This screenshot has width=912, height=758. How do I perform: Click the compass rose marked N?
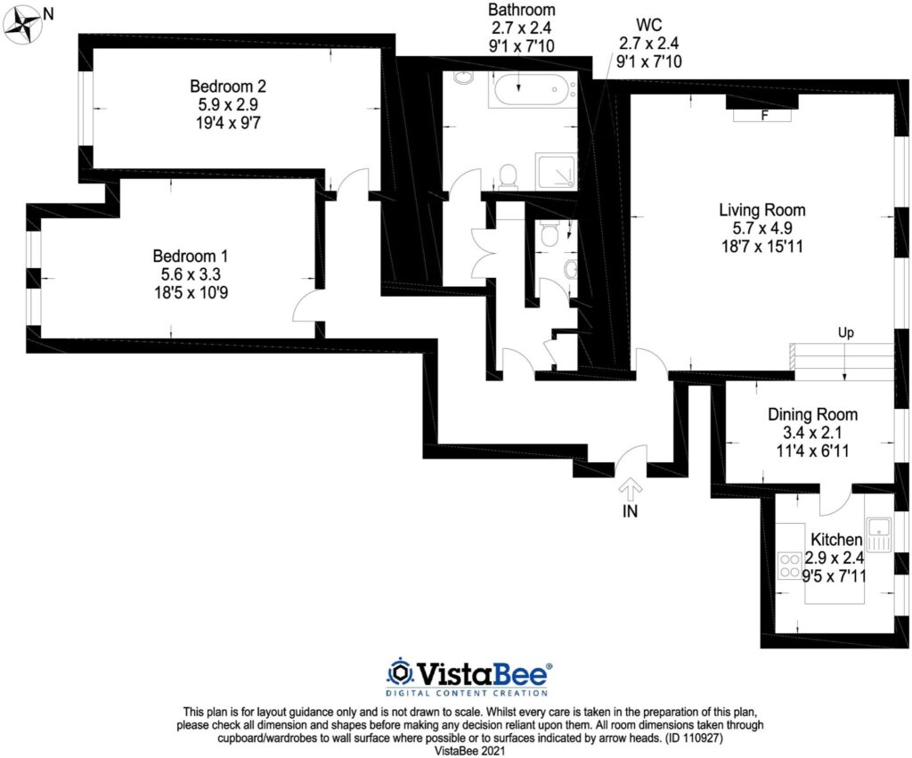[x=24, y=25]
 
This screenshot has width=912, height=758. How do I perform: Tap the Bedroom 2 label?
[x=228, y=86]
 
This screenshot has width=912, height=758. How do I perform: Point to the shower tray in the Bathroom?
[x=556, y=170]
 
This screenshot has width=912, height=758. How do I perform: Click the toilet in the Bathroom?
[x=509, y=175]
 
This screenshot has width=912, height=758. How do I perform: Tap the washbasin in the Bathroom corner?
[x=463, y=78]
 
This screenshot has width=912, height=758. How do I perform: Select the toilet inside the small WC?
[x=550, y=234]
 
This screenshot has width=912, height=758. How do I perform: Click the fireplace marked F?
[x=762, y=115]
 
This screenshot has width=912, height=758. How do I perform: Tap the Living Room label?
[x=762, y=211]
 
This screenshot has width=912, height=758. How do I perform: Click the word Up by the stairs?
[x=846, y=333]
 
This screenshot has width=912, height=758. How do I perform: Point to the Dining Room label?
[x=812, y=414]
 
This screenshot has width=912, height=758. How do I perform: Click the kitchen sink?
[x=879, y=533]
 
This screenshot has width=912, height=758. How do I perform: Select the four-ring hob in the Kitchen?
[x=789, y=566]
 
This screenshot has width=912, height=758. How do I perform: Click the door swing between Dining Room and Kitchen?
[x=835, y=501]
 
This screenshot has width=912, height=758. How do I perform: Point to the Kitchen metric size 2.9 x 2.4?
[x=835, y=558]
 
